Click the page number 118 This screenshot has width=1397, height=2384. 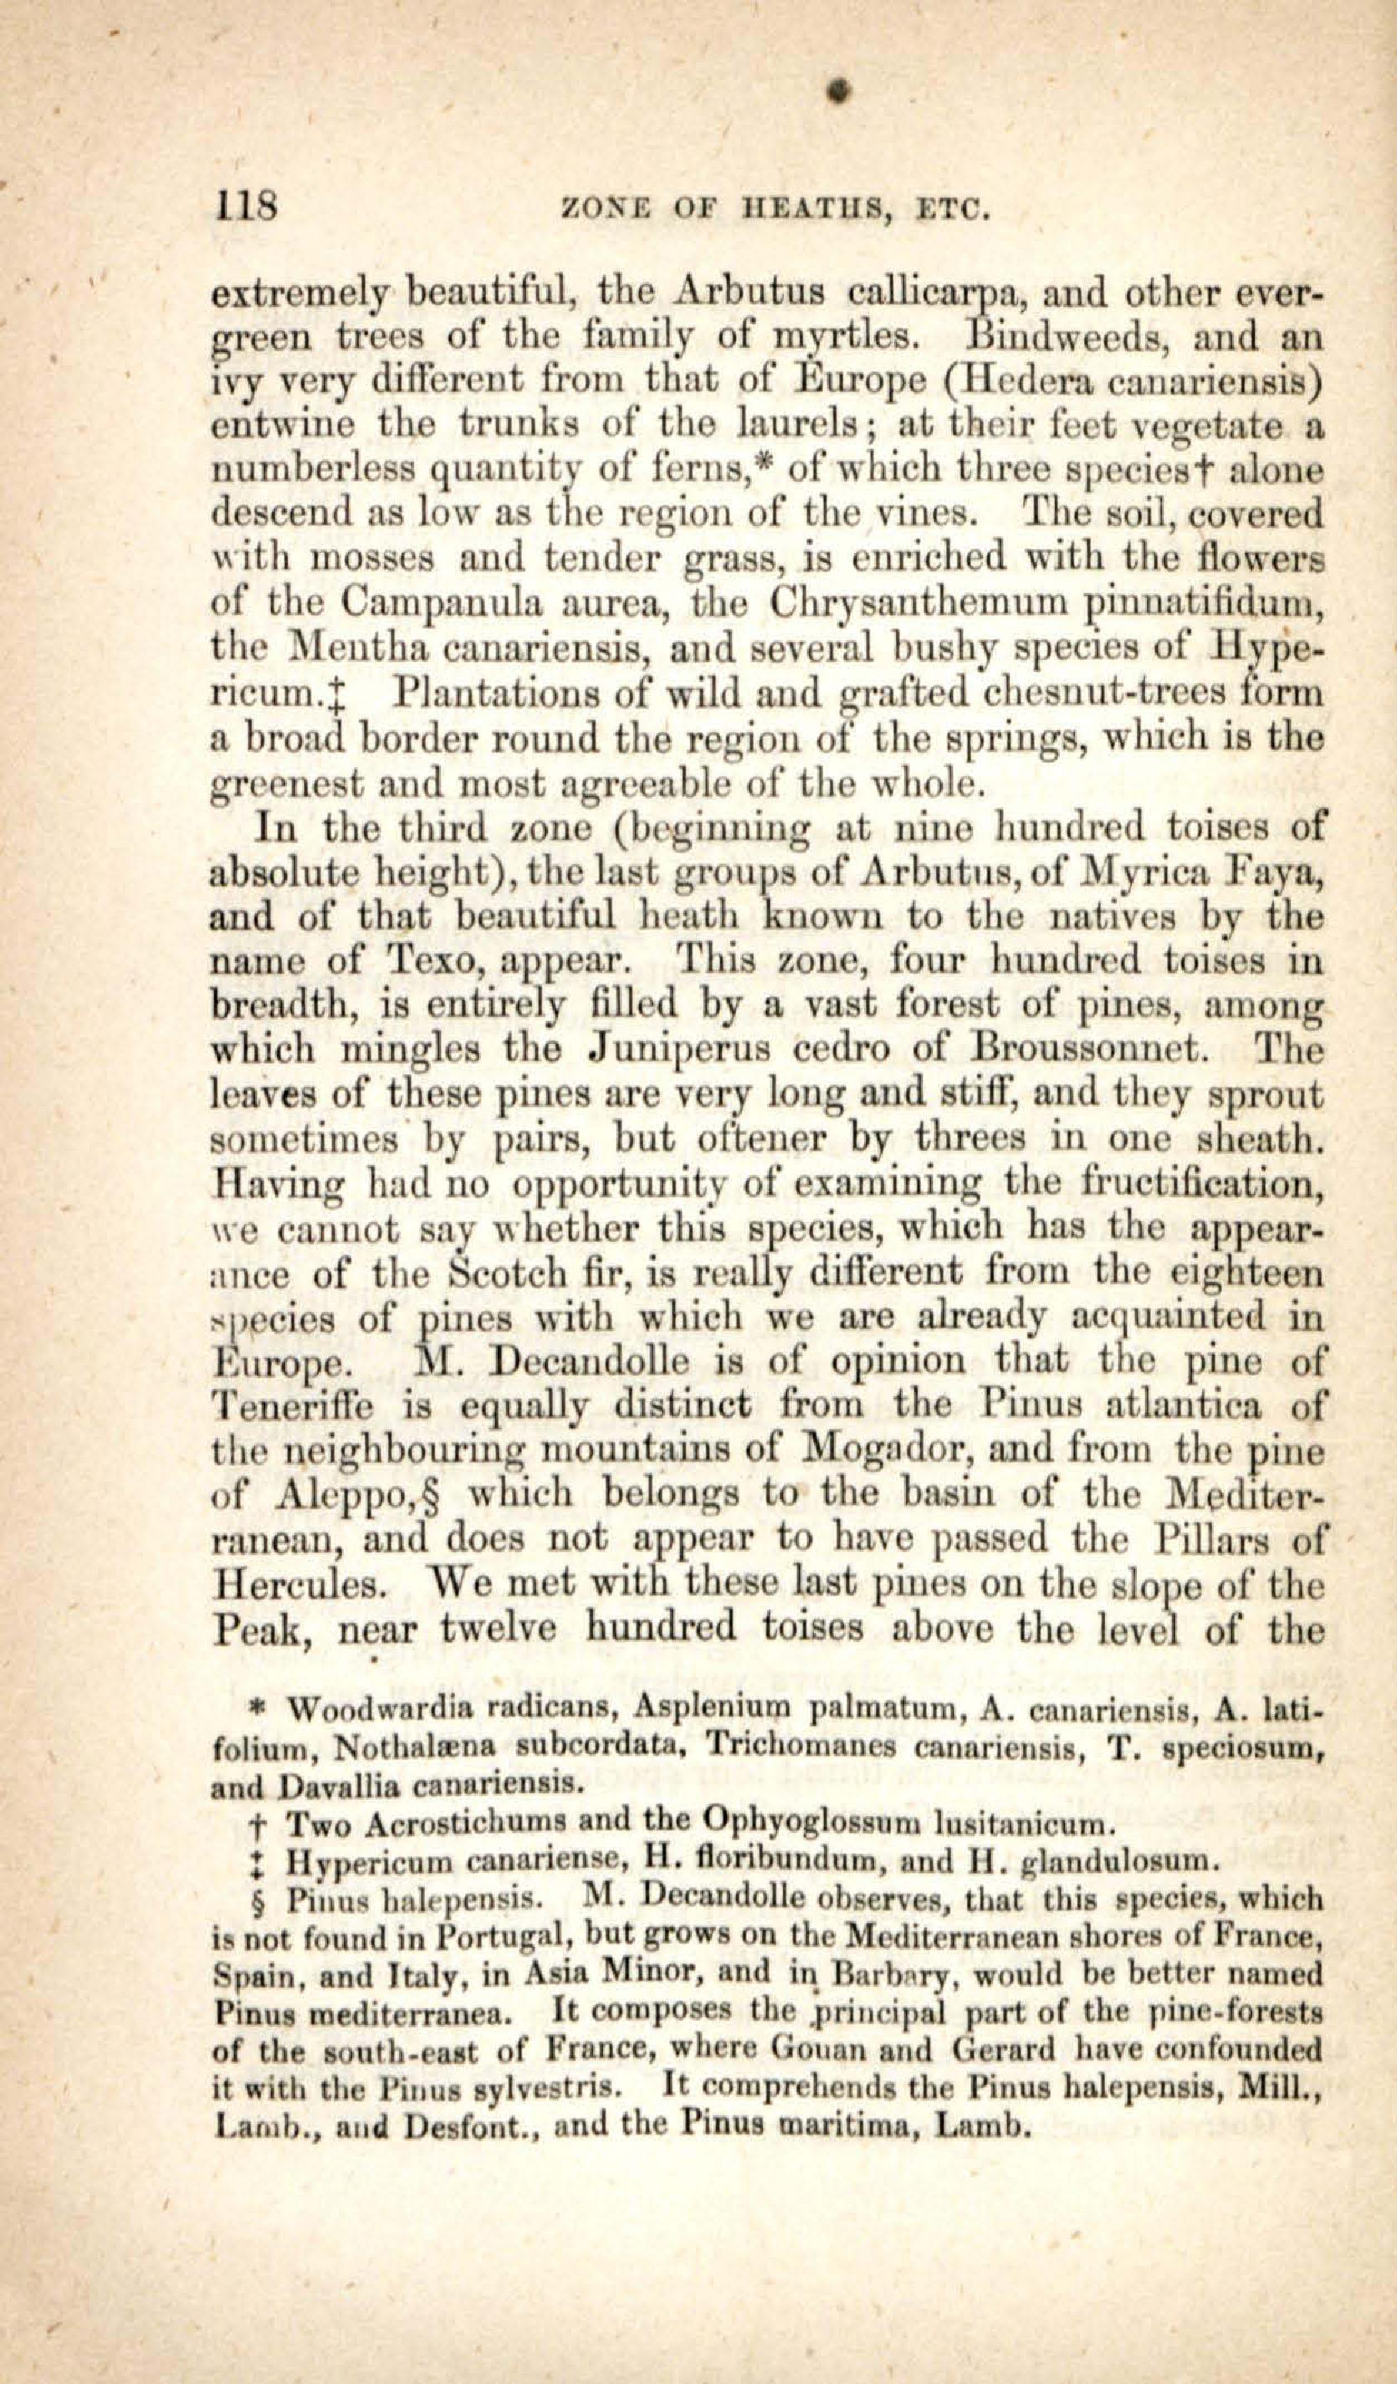coord(245,204)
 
